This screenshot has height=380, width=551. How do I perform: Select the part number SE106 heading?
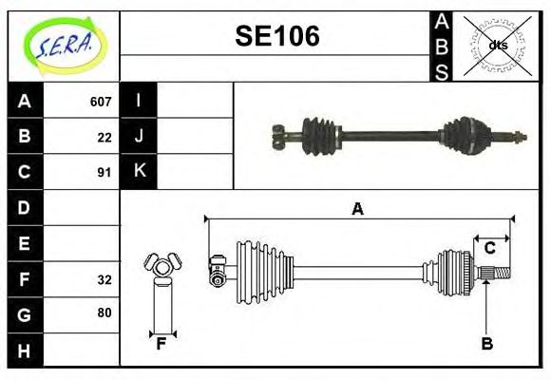[x=276, y=36]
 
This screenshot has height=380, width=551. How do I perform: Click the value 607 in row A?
[x=100, y=102]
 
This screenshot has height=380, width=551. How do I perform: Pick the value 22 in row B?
[x=104, y=137]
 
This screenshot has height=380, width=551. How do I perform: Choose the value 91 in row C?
[x=104, y=172]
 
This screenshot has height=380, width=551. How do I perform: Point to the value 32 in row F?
[x=104, y=279]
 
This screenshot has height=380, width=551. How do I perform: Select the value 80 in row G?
[x=104, y=313]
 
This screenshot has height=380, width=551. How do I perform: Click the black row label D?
[x=25, y=207]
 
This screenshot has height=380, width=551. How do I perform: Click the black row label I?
[x=139, y=101]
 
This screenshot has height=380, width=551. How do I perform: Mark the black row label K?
[x=139, y=171]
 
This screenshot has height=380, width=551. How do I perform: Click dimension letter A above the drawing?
[x=357, y=209]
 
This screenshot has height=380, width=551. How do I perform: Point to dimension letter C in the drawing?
[x=489, y=248]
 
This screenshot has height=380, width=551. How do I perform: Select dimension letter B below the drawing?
[x=486, y=344]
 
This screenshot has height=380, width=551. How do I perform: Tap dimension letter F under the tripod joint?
[x=161, y=344]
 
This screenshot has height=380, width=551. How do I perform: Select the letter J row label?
[x=139, y=136]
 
